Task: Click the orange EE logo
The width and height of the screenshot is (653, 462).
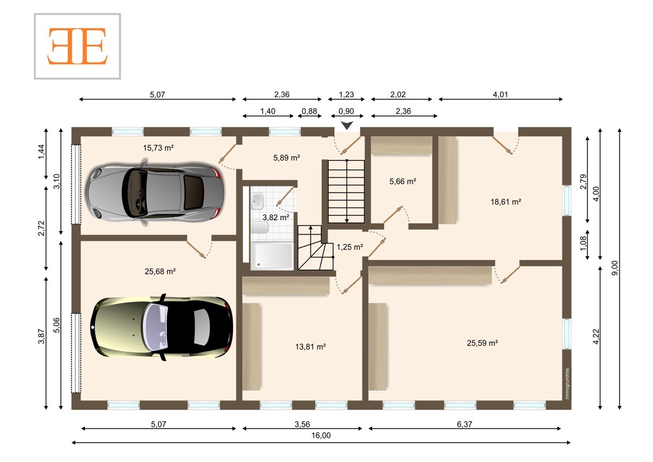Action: click(x=77, y=46)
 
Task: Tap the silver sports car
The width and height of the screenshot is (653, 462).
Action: click(x=155, y=193)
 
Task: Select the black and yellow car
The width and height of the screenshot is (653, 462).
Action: click(x=162, y=327)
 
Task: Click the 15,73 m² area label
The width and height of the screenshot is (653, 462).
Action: click(x=158, y=148)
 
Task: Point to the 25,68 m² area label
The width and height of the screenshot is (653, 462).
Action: click(x=160, y=271)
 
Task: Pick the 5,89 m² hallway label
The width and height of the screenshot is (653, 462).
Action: click(x=287, y=158)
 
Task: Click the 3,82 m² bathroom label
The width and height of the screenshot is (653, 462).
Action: click(x=276, y=217)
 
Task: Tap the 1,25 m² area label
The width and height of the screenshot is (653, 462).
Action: click(x=350, y=247)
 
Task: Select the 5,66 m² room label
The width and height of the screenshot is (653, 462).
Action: click(x=403, y=181)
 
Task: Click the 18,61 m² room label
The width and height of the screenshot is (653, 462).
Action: click(x=506, y=202)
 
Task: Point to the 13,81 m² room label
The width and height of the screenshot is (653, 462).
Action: click(x=310, y=346)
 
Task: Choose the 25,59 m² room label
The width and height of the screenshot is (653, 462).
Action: click(x=482, y=343)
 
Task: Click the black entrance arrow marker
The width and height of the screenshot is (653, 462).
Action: click(x=347, y=125)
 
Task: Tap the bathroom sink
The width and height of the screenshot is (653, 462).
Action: click(x=257, y=200)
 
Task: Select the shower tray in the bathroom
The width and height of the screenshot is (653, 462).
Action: click(x=272, y=256)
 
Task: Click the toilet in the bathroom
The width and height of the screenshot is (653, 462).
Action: click(x=260, y=228)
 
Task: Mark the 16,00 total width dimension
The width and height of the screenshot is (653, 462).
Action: click(x=321, y=435)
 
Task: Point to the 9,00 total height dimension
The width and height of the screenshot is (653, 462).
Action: click(x=614, y=268)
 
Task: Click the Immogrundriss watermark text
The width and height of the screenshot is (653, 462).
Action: click(x=567, y=384)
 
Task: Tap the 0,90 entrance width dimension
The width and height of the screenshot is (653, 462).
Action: click(x=346, y=111)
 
